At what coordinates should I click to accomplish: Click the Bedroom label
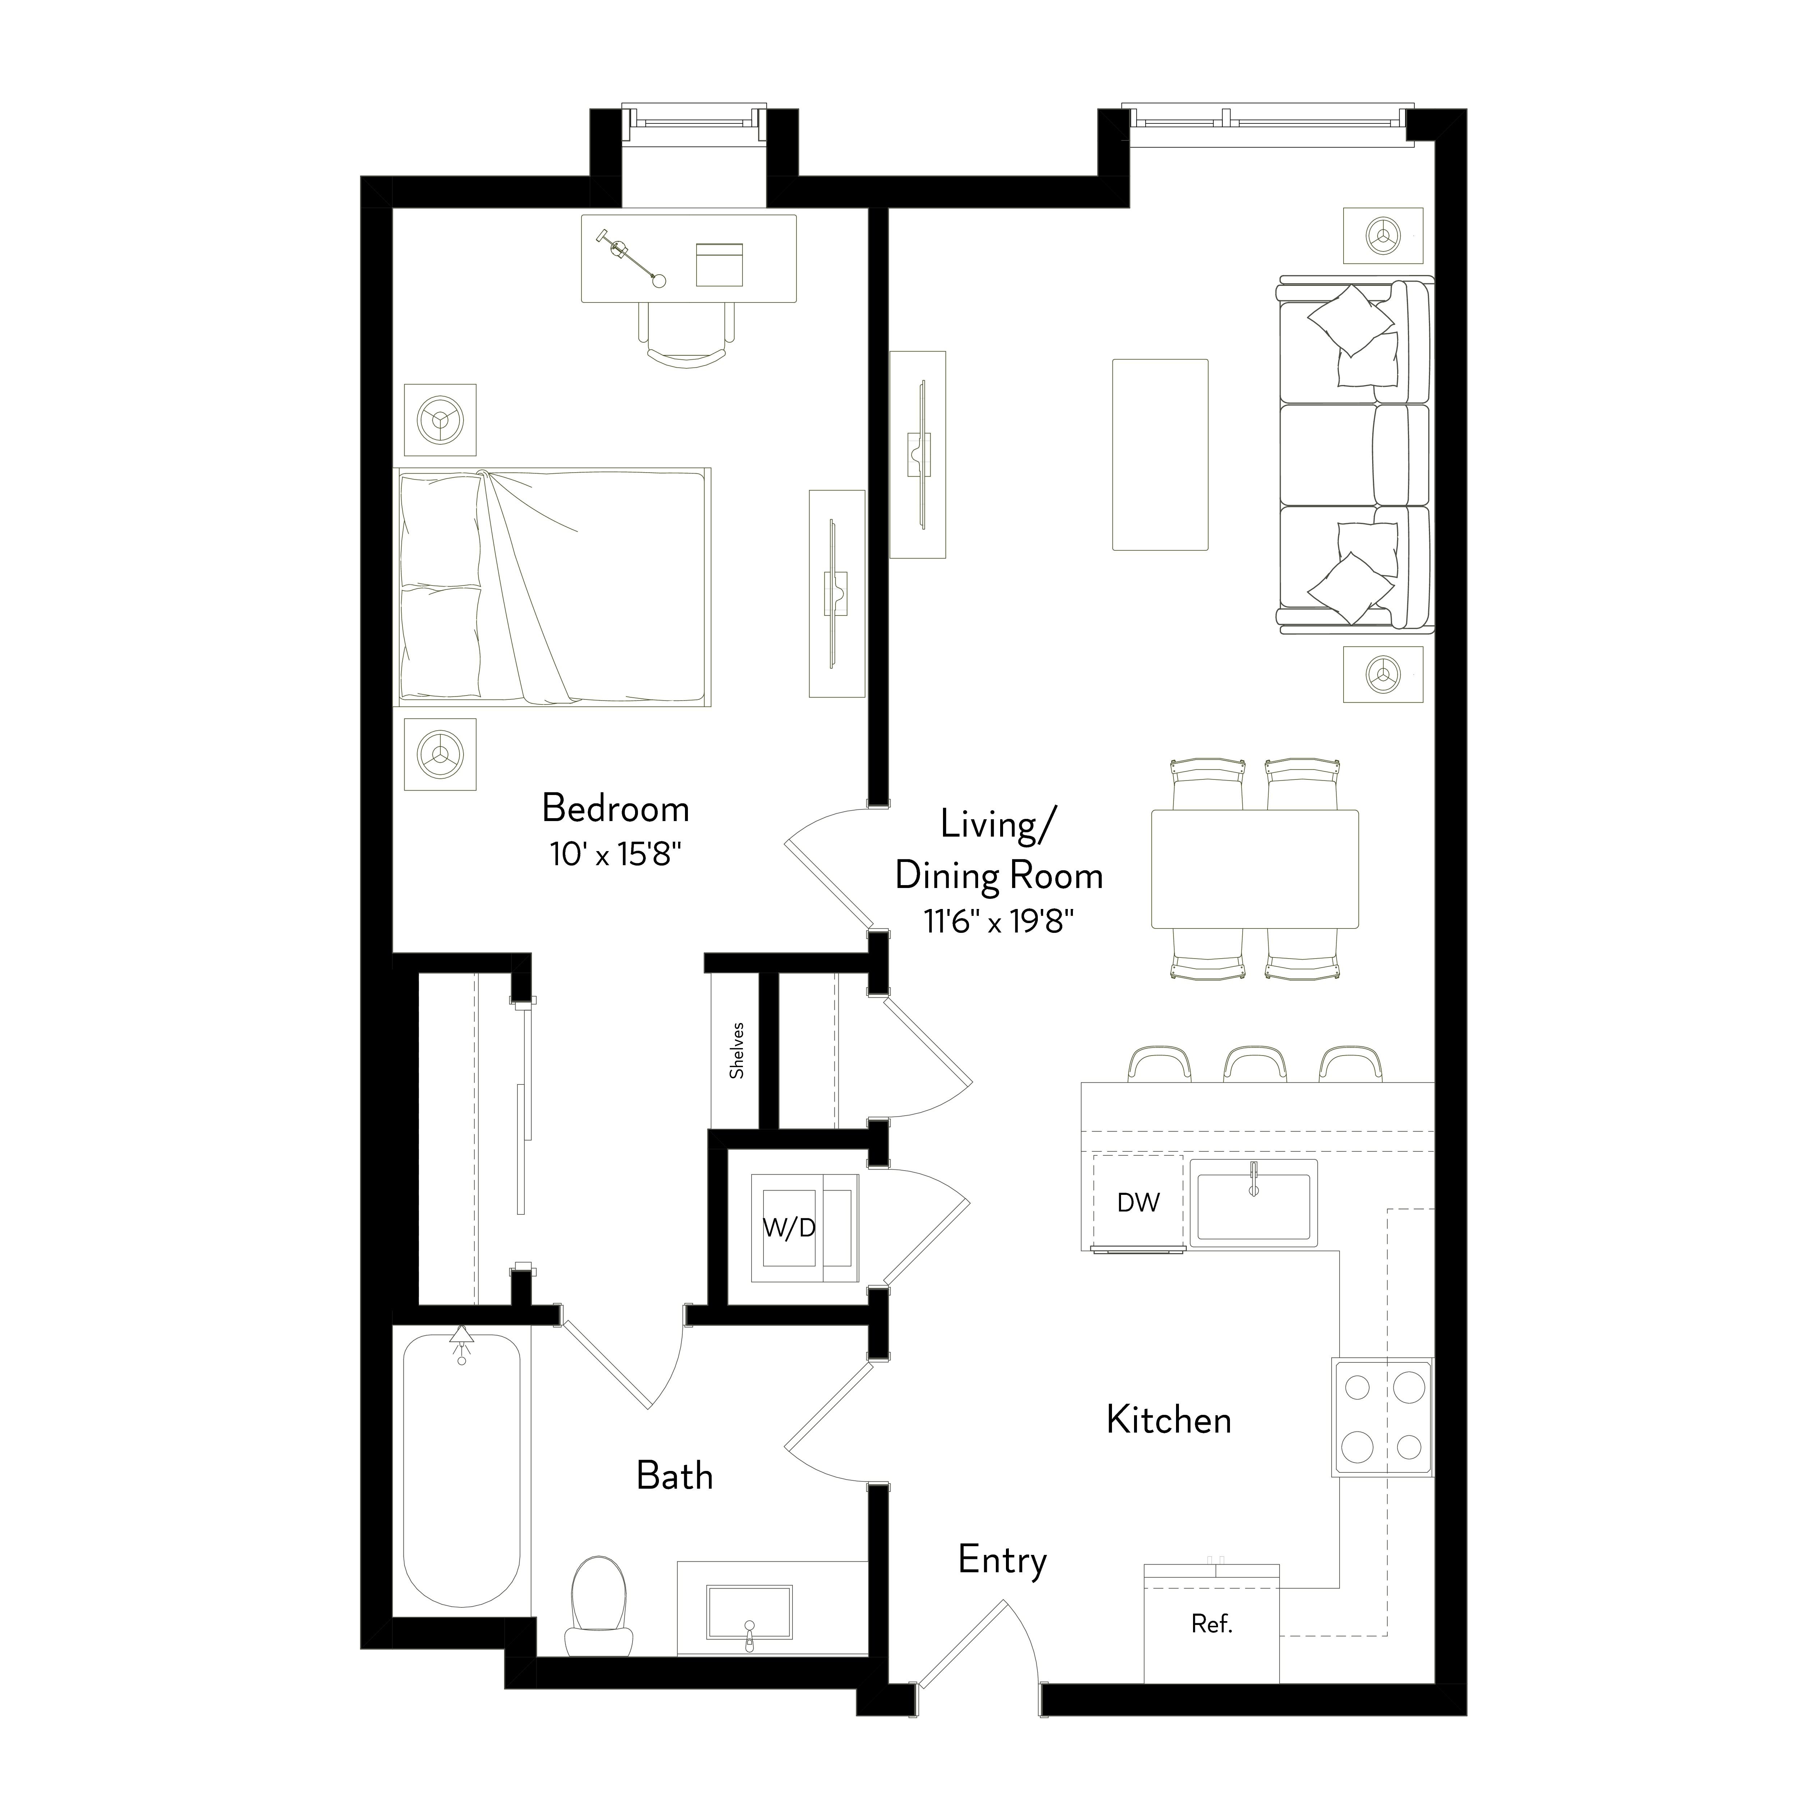tap(616, 808)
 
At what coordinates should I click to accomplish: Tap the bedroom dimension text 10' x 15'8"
tap(616, 854)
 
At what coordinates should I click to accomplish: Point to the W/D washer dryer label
tap(789, 1228)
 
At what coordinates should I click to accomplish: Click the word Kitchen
tap(1168, 1420)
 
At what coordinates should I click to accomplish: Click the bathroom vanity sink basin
tap(749, 1612)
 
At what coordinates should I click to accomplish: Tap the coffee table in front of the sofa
tap(1160, 454)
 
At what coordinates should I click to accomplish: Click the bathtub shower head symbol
tap(461, 1342)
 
